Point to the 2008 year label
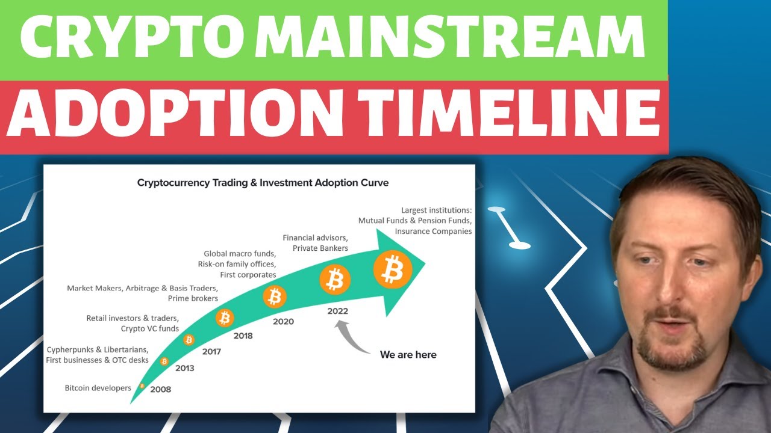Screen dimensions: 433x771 point(161,389)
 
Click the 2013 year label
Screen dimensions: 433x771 point(184,368)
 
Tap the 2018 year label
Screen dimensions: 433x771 point(242,336)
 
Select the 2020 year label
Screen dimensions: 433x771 point(283,322)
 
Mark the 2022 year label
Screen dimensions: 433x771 point(338,312)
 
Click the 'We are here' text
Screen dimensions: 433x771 point(408,355)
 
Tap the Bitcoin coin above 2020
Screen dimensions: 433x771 point(275,296)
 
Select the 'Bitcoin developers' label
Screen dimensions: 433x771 point(98,388)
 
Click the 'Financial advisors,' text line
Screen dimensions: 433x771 point(315,238)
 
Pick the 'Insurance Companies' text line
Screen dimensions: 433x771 point(433,231)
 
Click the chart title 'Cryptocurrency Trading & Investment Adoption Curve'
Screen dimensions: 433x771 point(263,182)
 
